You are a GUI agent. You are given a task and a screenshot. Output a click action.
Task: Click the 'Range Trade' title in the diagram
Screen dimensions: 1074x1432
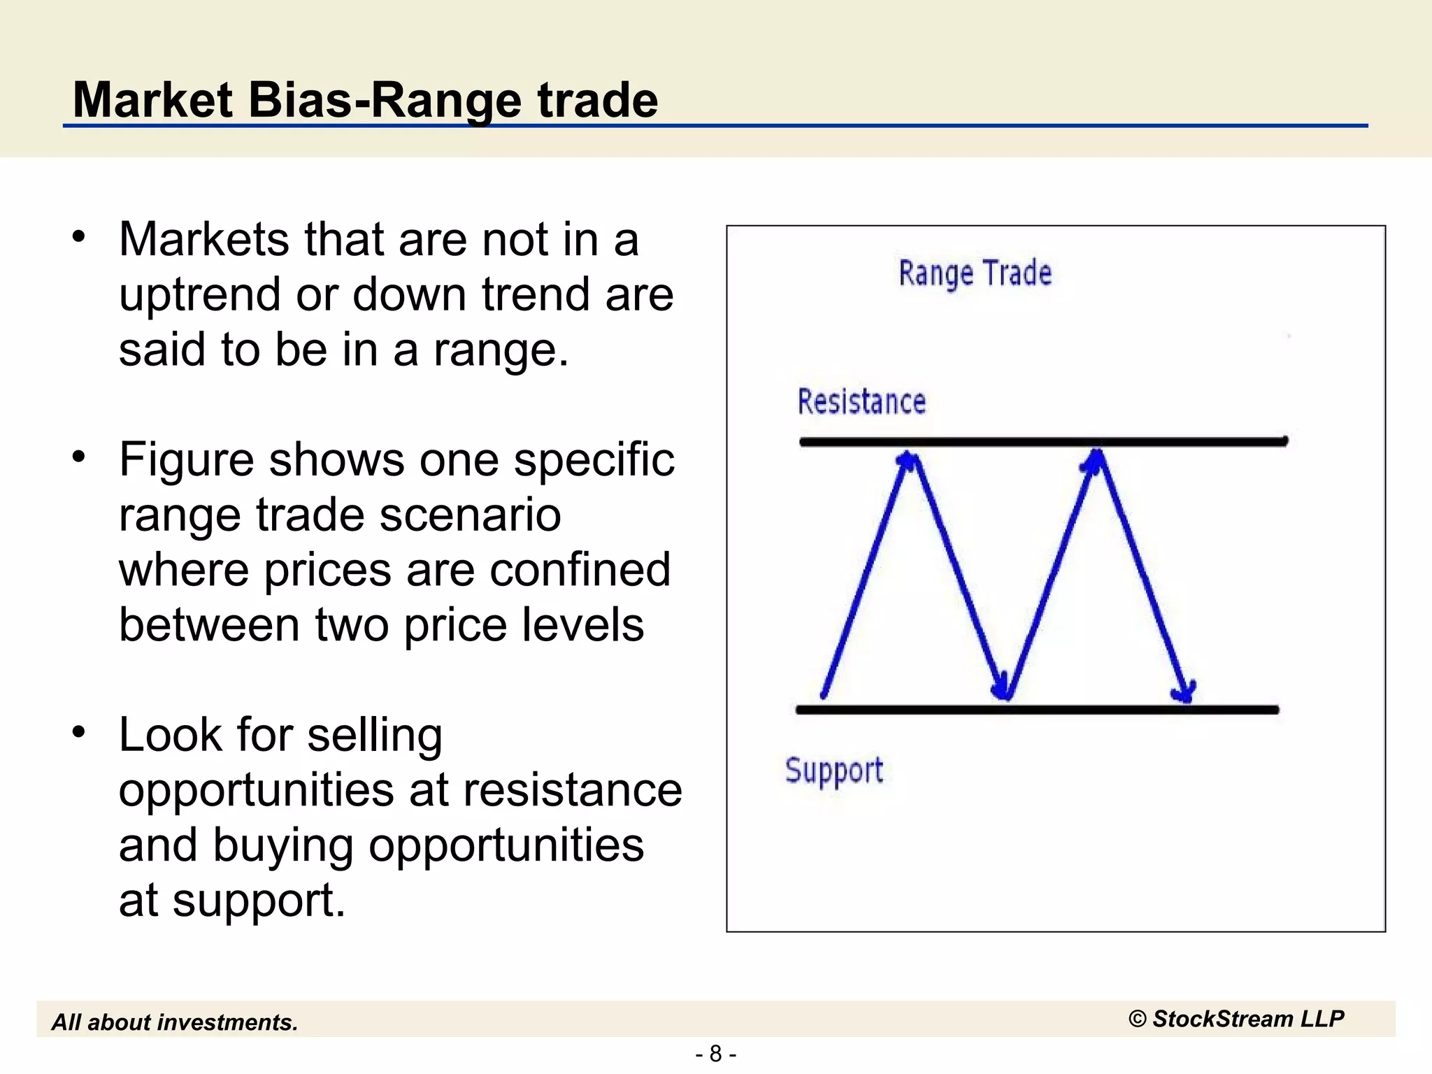tap(975, 273)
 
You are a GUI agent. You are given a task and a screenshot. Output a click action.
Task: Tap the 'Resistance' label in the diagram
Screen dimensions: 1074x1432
tap(861, 402)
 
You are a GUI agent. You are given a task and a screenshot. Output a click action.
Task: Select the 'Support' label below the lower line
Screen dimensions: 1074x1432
tap(833, 771)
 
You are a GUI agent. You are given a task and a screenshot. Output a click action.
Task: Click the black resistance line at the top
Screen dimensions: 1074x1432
tap(1042, 441)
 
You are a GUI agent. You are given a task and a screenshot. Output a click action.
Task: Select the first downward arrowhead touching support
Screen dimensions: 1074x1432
tap(1003, 689)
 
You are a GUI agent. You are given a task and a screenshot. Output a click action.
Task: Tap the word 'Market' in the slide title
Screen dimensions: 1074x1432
tap(152, 100)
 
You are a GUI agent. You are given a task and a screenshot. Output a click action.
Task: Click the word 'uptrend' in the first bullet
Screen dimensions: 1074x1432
tap(199, 295)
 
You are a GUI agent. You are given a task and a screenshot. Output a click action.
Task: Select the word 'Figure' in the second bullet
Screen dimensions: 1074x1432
tap(186, 460)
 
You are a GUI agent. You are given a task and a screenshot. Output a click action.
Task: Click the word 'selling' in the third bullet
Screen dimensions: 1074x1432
tap(375, 736)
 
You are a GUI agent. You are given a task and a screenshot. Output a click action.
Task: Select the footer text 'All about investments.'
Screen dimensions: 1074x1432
tap(175, 1022)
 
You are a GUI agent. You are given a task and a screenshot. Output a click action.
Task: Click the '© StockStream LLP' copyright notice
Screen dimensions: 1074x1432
tap(1236, 1019)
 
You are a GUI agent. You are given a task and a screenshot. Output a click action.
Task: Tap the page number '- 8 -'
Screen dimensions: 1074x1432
tap(715, 1054)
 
